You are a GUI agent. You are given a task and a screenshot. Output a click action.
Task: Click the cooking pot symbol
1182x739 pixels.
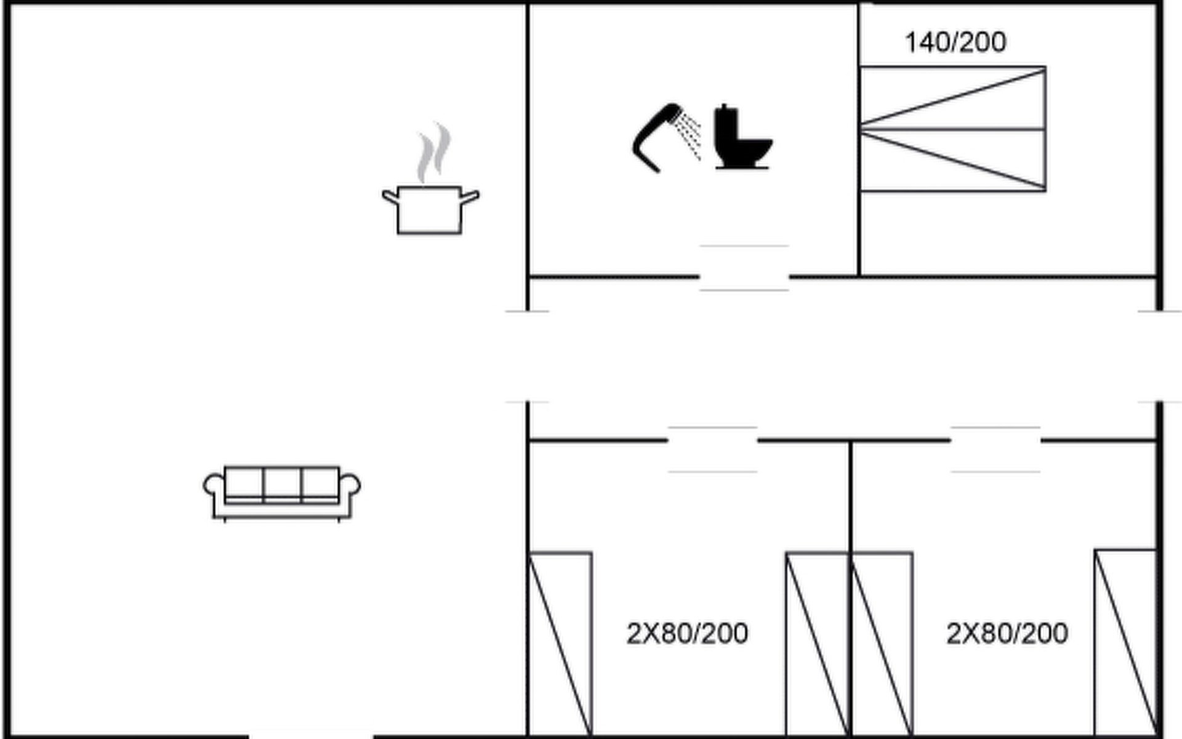(x=430, y=209)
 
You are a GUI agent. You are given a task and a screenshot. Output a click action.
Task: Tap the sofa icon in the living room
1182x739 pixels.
(x=282, y=493)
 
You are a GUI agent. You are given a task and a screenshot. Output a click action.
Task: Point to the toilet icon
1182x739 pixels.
(x=742, y=137)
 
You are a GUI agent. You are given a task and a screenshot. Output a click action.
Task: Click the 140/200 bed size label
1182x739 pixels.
(x=955, y=42)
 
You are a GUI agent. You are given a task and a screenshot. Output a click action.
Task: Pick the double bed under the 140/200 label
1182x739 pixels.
(x=952, y=129)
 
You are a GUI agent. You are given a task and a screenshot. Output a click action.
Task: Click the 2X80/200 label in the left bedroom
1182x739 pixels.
(x=687, y=633)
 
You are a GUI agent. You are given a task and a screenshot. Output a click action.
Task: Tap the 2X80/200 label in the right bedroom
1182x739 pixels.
(x=1007, y=633)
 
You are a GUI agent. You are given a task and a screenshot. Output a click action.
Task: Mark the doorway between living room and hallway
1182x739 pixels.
(x=528, y=357)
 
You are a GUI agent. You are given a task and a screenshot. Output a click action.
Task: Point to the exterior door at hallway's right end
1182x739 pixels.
(x=1159, y=357)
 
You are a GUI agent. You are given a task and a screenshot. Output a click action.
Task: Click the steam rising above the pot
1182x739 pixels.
(x=433, y=153)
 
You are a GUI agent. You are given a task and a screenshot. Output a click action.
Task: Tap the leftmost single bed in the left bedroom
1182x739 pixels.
(x=560, y=644)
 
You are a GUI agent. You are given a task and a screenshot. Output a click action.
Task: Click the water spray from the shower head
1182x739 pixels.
(x=688, y=135)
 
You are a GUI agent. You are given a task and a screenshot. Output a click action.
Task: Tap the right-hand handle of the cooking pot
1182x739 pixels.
(x=470, y=198)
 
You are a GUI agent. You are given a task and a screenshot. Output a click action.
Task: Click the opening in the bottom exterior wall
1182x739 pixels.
(x=311, y=735)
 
